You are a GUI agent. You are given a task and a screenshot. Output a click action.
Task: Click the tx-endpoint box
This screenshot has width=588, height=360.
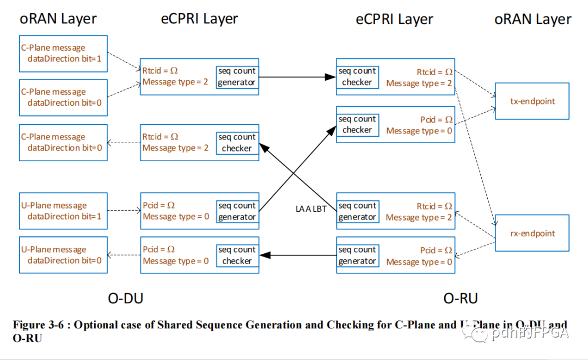pos(531,101)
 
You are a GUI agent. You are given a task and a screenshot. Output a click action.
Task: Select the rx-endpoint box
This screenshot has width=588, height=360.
pos(531,233)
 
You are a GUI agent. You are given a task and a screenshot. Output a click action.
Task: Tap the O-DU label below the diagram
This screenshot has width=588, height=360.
pos(125,298)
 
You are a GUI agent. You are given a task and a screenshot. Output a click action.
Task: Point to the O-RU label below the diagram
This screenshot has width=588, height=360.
pos(461,298)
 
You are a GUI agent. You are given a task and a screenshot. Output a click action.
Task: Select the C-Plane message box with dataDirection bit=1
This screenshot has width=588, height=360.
pos(63,53)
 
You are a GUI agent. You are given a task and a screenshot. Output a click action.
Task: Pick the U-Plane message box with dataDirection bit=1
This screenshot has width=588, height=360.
pos(63,211)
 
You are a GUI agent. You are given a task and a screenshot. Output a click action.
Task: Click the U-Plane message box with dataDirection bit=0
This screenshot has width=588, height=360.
pos(63,255)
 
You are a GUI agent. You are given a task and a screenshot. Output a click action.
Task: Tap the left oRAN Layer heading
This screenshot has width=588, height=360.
pos(58,19)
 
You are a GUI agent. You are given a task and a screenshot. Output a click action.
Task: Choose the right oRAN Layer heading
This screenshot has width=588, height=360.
pos(532,20)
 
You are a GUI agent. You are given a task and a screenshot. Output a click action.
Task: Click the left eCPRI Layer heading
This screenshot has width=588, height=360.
pos(199,19)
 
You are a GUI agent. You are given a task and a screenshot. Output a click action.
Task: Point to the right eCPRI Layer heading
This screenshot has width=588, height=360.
pos(394,20)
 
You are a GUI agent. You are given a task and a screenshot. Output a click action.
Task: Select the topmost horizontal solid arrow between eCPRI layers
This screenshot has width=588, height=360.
pos(297,77)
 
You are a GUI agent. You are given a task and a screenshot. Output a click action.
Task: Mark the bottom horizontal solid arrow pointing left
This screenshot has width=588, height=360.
pos(297,255)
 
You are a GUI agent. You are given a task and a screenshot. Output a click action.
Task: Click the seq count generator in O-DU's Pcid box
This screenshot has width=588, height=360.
pos(236,211)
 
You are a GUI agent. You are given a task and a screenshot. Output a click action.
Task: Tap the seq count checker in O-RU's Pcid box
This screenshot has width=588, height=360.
pos(357,124)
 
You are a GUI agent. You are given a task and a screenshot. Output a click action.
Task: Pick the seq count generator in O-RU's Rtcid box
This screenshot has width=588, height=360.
pos(357,211)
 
